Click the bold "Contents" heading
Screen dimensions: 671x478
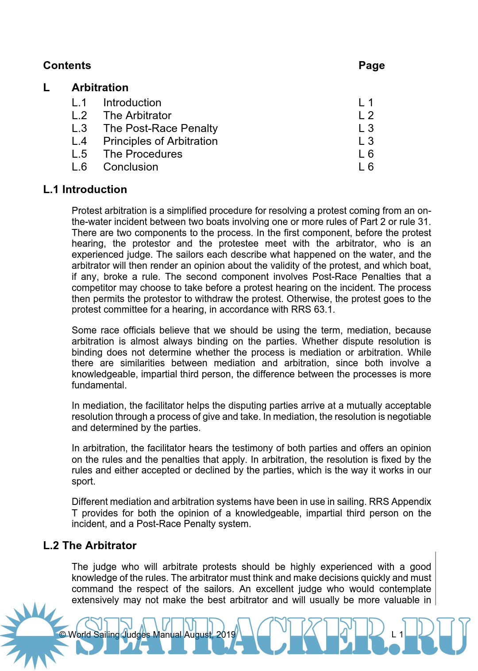coord(67,66)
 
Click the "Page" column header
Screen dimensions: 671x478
coord(371,66)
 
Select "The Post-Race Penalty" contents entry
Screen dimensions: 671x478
coord(160,128)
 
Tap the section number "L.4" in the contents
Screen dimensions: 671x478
coord(79,141)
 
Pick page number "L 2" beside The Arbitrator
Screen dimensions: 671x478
coord(366,116)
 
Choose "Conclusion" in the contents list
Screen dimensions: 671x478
coord(131,167)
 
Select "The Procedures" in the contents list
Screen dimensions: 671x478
coord(143,154)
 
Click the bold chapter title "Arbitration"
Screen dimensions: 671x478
coord(100,88)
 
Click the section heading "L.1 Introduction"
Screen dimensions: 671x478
coord(85,190)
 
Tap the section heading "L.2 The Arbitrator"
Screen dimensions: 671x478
coord(90,546)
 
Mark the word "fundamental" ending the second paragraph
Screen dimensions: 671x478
coord(98,385)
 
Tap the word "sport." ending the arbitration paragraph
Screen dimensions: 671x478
coord(83,481)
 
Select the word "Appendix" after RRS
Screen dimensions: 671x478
coord(411,502)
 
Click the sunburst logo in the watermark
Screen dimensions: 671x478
coord(35,634)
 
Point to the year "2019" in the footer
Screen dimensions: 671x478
coord(226,635)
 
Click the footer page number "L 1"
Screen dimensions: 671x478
coord(397,635)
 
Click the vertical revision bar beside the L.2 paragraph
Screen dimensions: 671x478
coord(436,578)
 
